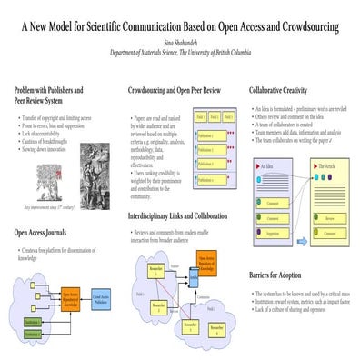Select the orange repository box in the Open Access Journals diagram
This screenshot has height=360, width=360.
(x=70, y=295)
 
